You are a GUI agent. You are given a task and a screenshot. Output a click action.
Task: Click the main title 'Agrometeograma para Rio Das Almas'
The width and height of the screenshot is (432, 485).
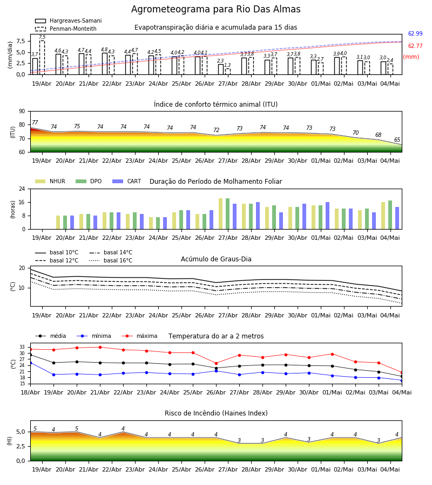[x=215, y=9]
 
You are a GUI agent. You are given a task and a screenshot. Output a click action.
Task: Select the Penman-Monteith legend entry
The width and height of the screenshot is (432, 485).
[x=66, y=29]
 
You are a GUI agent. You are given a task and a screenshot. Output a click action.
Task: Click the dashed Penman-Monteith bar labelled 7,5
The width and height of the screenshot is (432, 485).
[x=42, y=58]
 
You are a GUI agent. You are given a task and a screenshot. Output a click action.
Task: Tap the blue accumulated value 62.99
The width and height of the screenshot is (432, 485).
[x=415, y=34]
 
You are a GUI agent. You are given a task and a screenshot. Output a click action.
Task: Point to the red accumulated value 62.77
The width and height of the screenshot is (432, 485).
[x=415, y=46]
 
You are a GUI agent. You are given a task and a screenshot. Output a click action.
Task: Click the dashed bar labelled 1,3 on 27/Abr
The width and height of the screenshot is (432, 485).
[x=228, y=72]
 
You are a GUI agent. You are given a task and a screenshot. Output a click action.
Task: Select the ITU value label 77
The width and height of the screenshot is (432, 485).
[x=35, y=122]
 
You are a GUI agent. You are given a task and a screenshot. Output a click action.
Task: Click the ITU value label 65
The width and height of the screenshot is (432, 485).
[x=397, y=140]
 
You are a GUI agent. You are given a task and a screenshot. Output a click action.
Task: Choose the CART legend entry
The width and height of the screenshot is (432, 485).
[x=127, y=181]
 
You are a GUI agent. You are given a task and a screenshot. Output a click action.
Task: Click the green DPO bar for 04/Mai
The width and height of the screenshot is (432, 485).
[x=390, y=215]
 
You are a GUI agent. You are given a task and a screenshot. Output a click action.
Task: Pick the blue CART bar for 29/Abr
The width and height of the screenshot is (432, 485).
[x=281, y=221]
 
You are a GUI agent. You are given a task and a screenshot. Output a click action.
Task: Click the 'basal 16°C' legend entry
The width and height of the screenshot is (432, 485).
[x=111, y=260]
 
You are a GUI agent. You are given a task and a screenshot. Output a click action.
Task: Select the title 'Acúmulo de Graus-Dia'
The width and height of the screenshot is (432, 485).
[x=216, y=259]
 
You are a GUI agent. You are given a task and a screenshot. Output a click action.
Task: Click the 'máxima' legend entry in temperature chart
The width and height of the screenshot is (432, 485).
[x=139, y=336]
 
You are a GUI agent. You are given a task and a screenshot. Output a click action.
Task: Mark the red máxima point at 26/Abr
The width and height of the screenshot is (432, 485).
[x=217, y=363]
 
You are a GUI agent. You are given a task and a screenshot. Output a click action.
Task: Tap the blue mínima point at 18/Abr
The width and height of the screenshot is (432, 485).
[x=30, y=363]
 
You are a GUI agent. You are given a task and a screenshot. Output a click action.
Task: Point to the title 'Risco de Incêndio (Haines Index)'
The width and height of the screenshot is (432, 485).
[x=216, y=413]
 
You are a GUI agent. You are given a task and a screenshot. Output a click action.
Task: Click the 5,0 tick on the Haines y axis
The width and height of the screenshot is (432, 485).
[x=21, y=432]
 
